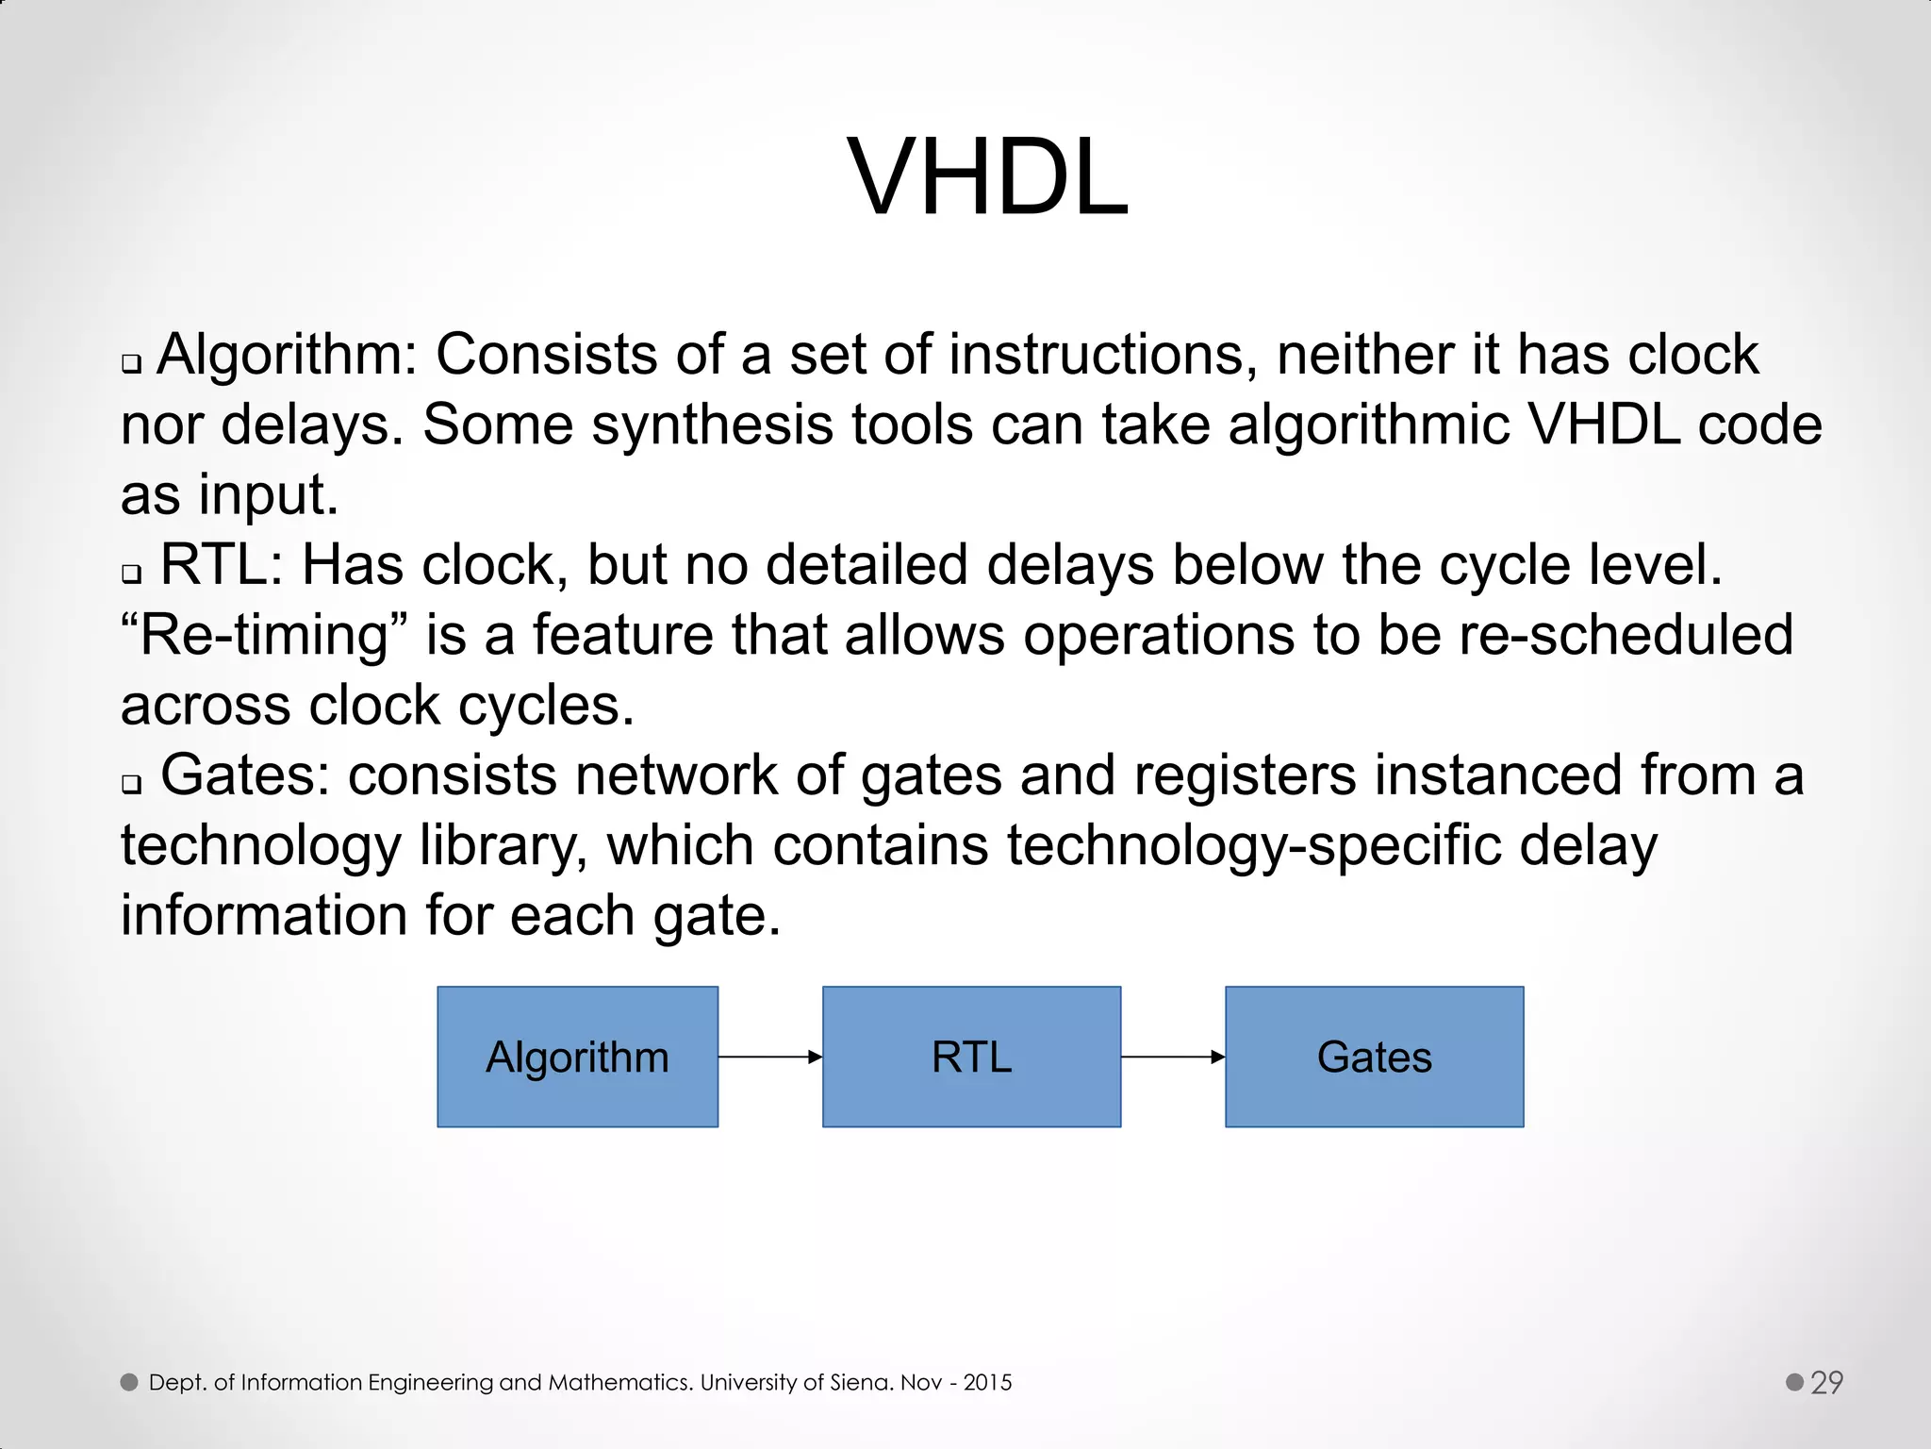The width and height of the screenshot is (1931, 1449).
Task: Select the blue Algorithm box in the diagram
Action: [577, 1057]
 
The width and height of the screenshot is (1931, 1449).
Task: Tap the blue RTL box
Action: [971, 1057]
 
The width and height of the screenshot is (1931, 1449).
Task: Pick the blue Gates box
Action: [1374, 1057]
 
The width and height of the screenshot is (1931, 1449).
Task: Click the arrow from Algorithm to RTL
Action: [769, 1058]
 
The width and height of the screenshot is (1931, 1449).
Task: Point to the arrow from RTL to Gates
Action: [1172, 1058]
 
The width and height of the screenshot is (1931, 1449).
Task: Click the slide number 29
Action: [1826, 1382]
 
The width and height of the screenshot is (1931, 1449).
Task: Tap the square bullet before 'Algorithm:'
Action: [131, 364]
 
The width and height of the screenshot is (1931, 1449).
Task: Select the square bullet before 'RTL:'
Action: [131, 574]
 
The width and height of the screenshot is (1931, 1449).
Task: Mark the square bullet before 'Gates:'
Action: [131, 784]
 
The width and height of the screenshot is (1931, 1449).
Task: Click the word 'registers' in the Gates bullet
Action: [1245, 775]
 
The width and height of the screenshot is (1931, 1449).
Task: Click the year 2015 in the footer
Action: [987, 1383]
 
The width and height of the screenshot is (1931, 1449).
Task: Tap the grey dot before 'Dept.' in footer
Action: [129, 1382]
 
